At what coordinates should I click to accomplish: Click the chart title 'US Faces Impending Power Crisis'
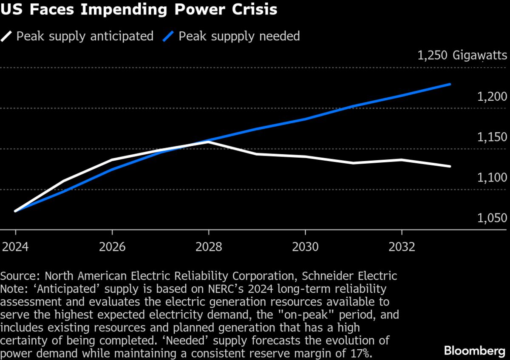point(139,9)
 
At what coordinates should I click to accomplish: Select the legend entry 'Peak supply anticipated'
point(85,36)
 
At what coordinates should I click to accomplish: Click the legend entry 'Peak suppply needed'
point(239,36)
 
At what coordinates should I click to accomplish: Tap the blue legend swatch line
point(168,36)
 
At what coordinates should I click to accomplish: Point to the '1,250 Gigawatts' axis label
point(462,56)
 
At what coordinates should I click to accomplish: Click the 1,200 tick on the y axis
point(492,97)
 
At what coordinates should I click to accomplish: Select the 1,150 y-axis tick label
point(492,137)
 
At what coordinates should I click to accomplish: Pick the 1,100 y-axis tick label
point(492,178)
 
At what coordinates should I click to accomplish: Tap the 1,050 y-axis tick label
point(492,218)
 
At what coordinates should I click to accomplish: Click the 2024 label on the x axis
point(16,247)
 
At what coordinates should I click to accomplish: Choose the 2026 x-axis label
point(112,247)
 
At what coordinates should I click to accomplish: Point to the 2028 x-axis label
point(209,247)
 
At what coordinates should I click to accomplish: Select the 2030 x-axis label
point(305,247)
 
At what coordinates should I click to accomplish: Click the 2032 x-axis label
point(402,247)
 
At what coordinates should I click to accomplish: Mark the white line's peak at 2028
point(209,142)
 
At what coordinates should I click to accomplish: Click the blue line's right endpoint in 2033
point(450,84)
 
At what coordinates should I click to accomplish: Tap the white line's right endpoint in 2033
point(450,166)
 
